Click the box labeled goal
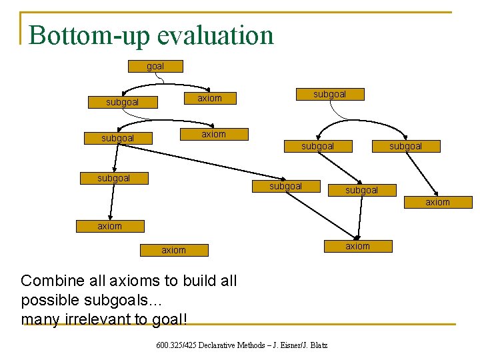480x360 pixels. [155, 67]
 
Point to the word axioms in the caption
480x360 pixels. [129, 281]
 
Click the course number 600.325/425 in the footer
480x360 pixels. [175, 345]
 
